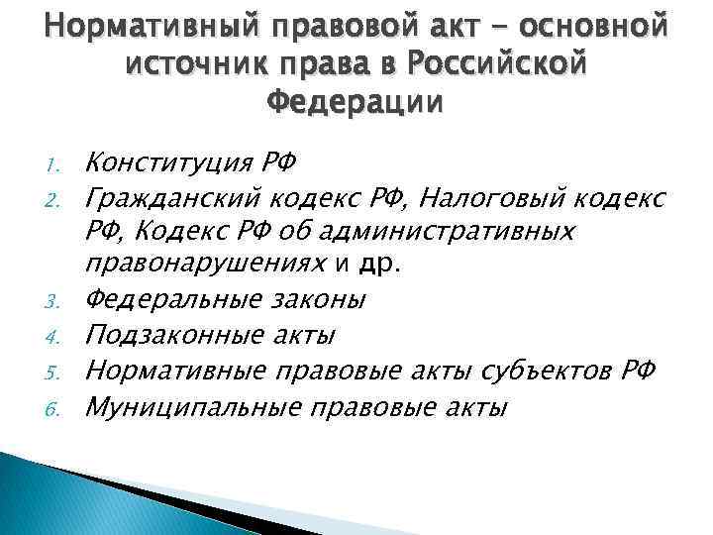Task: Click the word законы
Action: (318, 298)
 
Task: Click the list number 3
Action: (56, 300)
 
